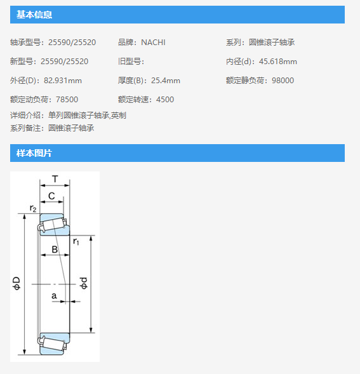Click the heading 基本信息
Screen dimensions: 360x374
point(34,15)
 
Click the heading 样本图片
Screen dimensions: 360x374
point(34,153)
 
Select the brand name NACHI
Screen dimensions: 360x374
point(153,43)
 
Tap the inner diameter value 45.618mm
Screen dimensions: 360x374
point(278,62)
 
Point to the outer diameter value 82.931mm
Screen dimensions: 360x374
point(63,81)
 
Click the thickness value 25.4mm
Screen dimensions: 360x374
point(166,81)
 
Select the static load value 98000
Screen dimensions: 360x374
point(283,81)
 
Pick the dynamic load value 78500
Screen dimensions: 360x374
point(67,100)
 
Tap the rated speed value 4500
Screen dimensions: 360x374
point(165,100)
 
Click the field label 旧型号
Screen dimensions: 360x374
point(130,62)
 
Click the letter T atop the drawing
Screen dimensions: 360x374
point(55,178)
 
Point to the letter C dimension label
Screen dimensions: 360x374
point(51,196)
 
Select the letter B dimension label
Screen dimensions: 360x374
point(55,250)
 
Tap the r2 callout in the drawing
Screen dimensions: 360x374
point(33,208)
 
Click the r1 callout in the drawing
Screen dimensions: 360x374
point(76,241)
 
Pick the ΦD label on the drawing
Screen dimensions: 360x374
point(17,283)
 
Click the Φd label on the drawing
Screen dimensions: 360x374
point(84,283)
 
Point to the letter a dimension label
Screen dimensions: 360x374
point(54,296)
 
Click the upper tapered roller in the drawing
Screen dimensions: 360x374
point(53,225)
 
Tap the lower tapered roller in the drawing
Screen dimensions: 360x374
point(53,344)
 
